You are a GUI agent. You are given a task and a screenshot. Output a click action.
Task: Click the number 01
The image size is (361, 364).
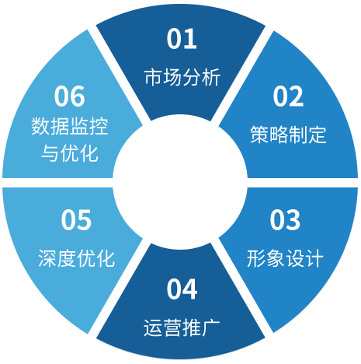(182, 39)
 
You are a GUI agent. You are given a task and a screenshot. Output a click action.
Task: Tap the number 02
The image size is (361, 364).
(288, 96)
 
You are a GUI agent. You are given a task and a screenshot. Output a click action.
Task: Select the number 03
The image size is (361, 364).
(285, 220)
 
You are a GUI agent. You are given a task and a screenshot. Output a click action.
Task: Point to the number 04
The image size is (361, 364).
(182, 289)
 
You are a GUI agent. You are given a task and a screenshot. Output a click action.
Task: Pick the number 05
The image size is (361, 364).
(76, 220)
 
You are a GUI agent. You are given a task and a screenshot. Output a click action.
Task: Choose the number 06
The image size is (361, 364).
(69, 96)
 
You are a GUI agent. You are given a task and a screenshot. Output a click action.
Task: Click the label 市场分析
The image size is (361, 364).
(182, 77)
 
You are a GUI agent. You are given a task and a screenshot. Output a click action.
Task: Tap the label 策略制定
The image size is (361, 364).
(288, 135)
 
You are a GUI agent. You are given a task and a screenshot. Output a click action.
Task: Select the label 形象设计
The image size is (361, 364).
(285, 258)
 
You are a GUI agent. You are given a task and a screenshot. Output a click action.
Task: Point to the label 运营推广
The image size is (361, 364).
(182, 327)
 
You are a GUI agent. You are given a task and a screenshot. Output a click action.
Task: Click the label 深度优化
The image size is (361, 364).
(76, 258)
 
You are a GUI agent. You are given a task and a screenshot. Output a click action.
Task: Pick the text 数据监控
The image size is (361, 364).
(69, 126)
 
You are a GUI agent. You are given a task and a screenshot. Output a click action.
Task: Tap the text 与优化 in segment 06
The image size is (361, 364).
(70, 153)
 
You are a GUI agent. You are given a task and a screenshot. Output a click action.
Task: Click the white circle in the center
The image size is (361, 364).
(180, 182)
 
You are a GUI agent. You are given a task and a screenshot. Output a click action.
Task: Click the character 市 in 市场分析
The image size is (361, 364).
(154, 77)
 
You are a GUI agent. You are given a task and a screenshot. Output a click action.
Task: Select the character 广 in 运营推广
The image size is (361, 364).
(211, 327)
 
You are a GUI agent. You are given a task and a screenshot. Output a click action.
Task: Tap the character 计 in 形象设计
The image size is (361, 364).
(314, 258)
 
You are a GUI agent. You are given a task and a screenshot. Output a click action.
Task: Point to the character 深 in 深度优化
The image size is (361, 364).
(47, 258)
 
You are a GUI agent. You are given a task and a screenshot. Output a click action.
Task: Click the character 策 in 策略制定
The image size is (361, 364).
(259, 135)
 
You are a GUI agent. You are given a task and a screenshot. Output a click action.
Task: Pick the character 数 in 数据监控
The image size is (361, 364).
(40, 126)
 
